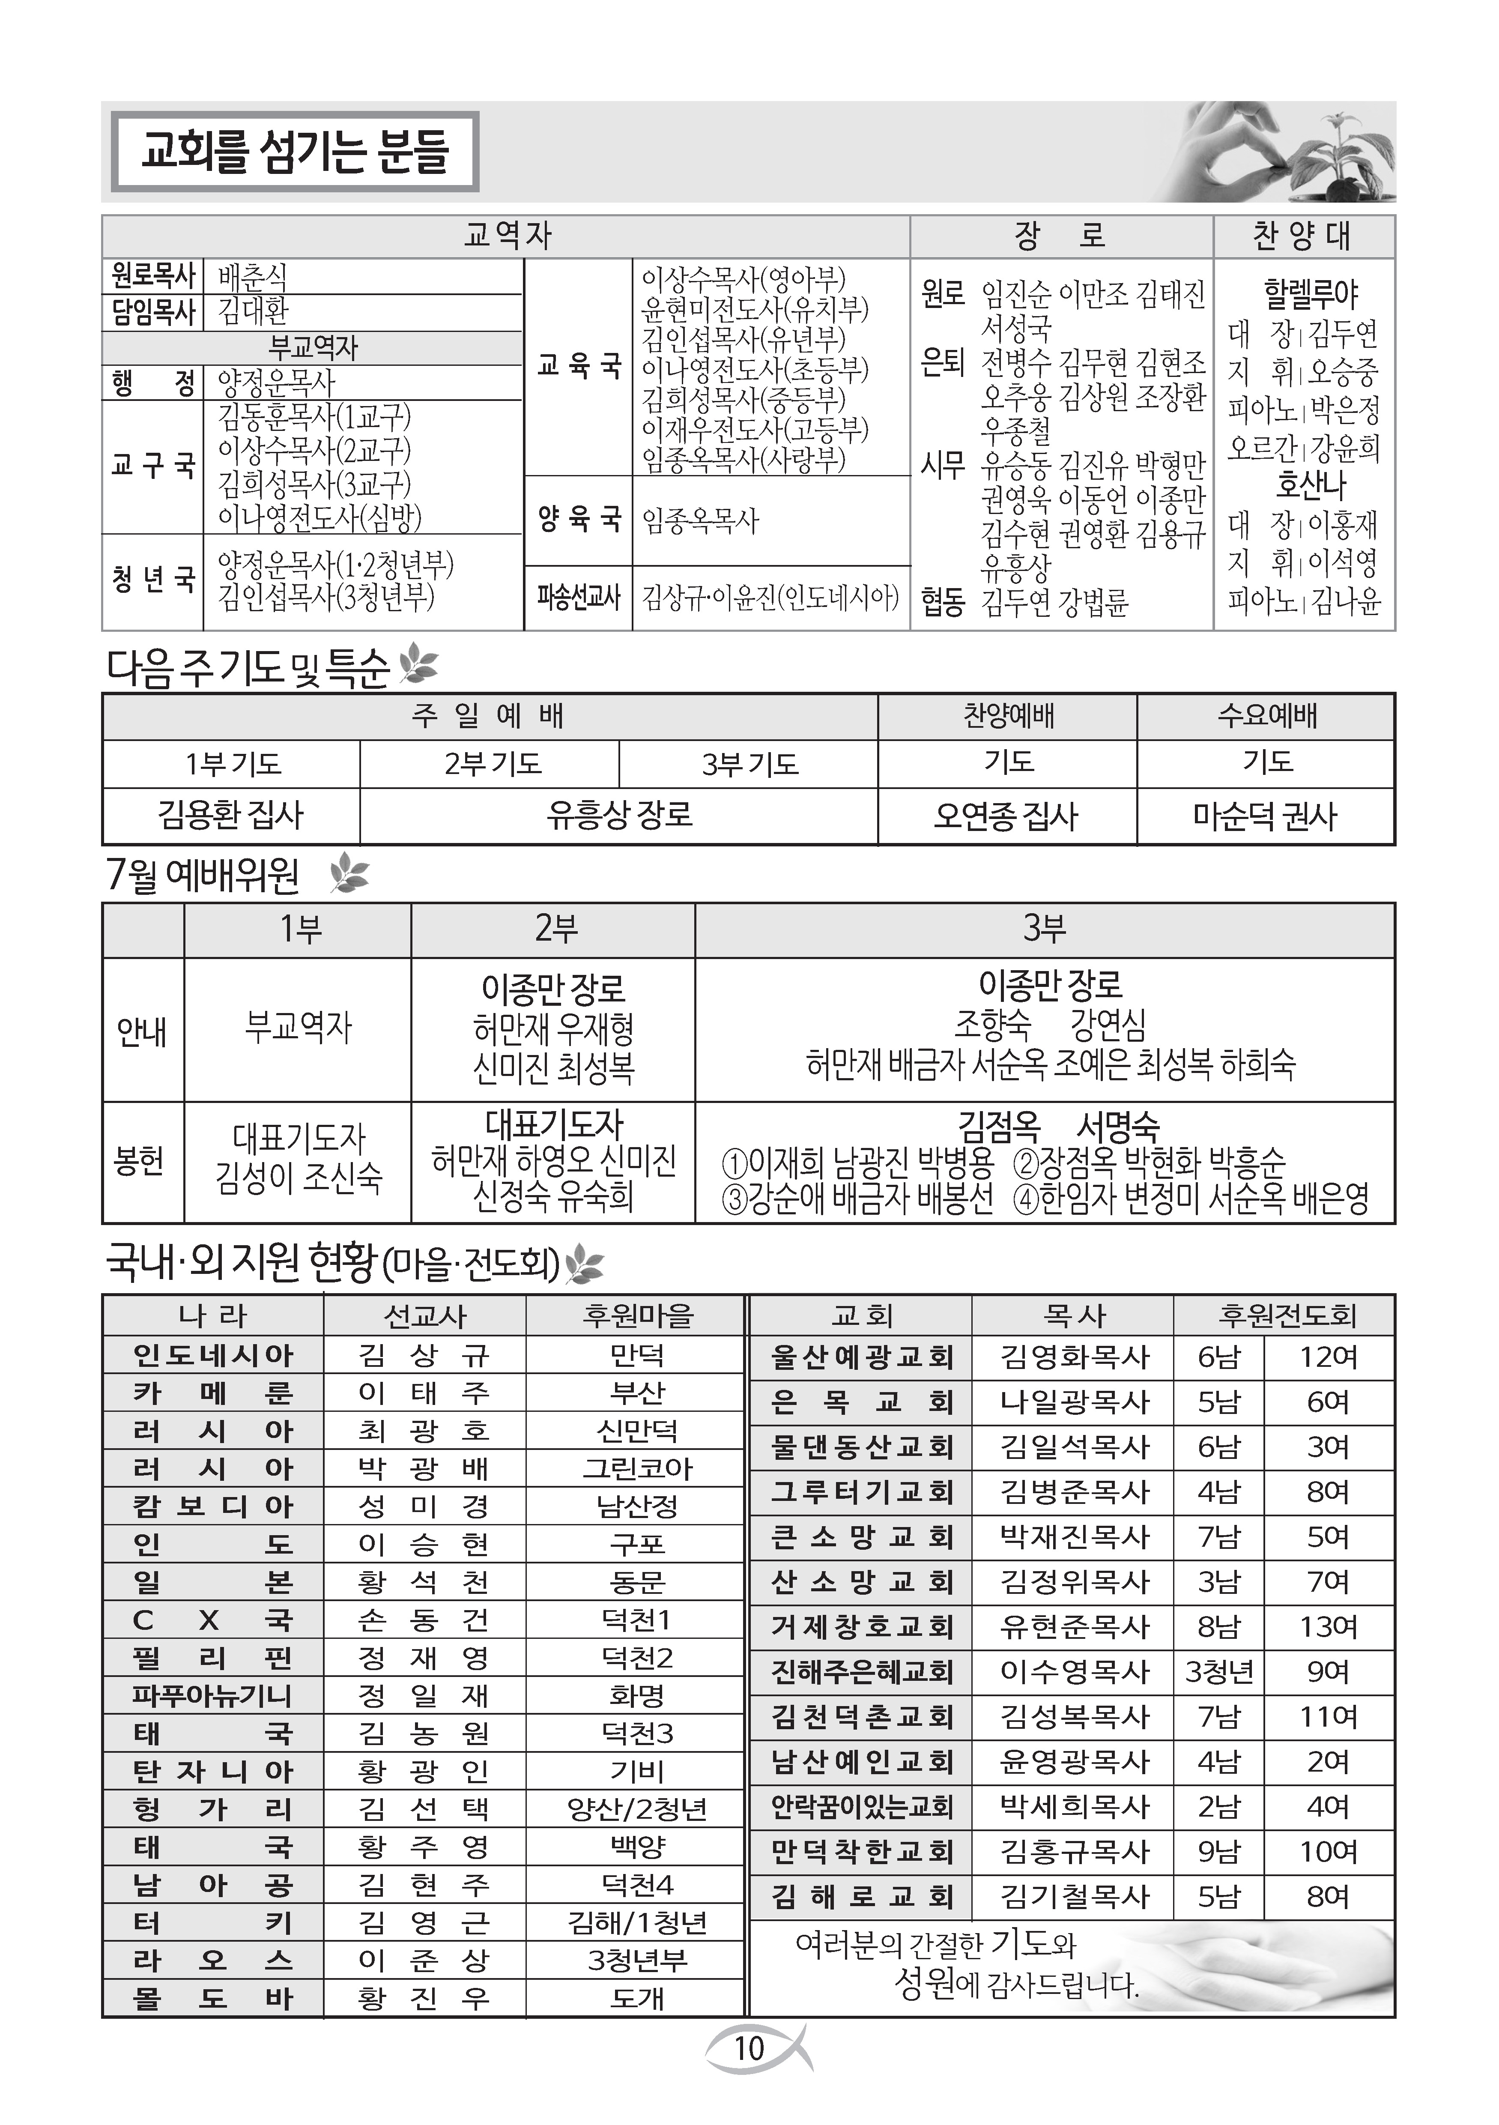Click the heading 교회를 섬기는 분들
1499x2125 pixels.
tap(294, 152)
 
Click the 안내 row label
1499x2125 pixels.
tap(143, 1030)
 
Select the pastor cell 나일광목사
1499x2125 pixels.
tap(1073, 1402)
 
